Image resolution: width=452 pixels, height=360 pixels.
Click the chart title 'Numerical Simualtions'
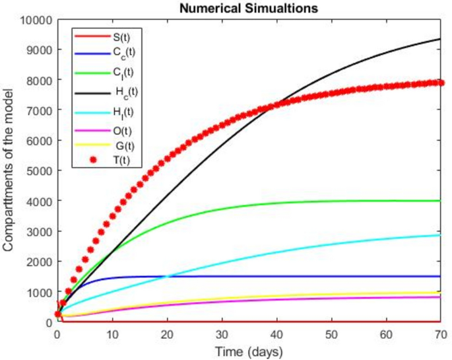(x=249, y=8)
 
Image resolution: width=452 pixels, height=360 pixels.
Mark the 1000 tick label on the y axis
(x=38, y=292)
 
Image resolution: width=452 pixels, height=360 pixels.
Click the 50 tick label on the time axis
(x=331, y=334)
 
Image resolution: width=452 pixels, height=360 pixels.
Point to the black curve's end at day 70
(x=440, y=40)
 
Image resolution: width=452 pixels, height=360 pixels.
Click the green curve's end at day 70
(x=440, y=201)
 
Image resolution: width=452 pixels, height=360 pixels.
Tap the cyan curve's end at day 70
(x=440, y=235)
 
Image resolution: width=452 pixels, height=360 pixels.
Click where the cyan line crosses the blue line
(x=166, y=277)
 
